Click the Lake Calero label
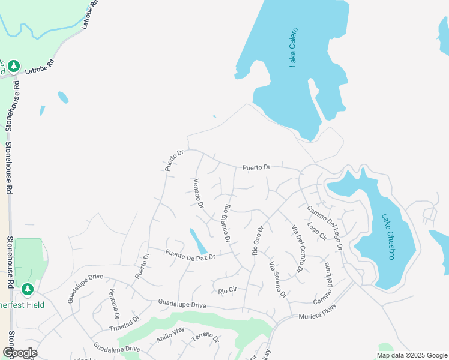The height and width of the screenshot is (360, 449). [294, 47]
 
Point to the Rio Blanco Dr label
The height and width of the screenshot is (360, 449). [227, 223]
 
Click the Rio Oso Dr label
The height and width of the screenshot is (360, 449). [258, 240]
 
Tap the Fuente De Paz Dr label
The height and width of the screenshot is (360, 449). [190, 254]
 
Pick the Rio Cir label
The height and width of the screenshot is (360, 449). [228, 290]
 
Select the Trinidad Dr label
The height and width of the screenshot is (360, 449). [124, 324]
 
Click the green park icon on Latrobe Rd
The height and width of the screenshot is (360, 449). [14, 65]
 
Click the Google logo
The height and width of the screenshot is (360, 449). [19, 353]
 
